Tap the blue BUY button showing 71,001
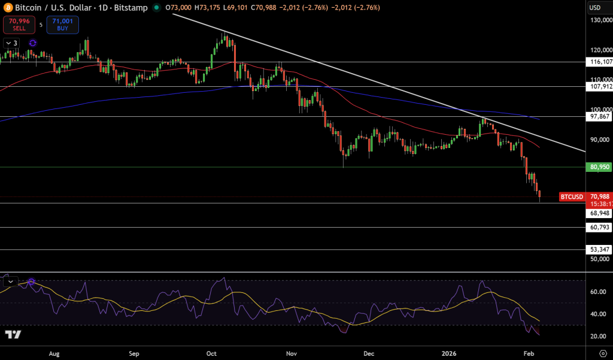(x=62, y=25)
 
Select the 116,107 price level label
(x=600, y=62)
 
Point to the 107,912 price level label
(x=600, y=86)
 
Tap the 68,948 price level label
(x=600, y=213)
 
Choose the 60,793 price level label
(x=600, y=228)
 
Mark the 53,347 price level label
(x=600, y=249)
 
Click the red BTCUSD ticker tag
(x=571, y=196)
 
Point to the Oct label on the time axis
(x=212, y=353)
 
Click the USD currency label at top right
(x=595, y=7)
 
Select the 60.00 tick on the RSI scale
(x=597, y=292)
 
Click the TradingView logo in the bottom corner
(x=13, y=334)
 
